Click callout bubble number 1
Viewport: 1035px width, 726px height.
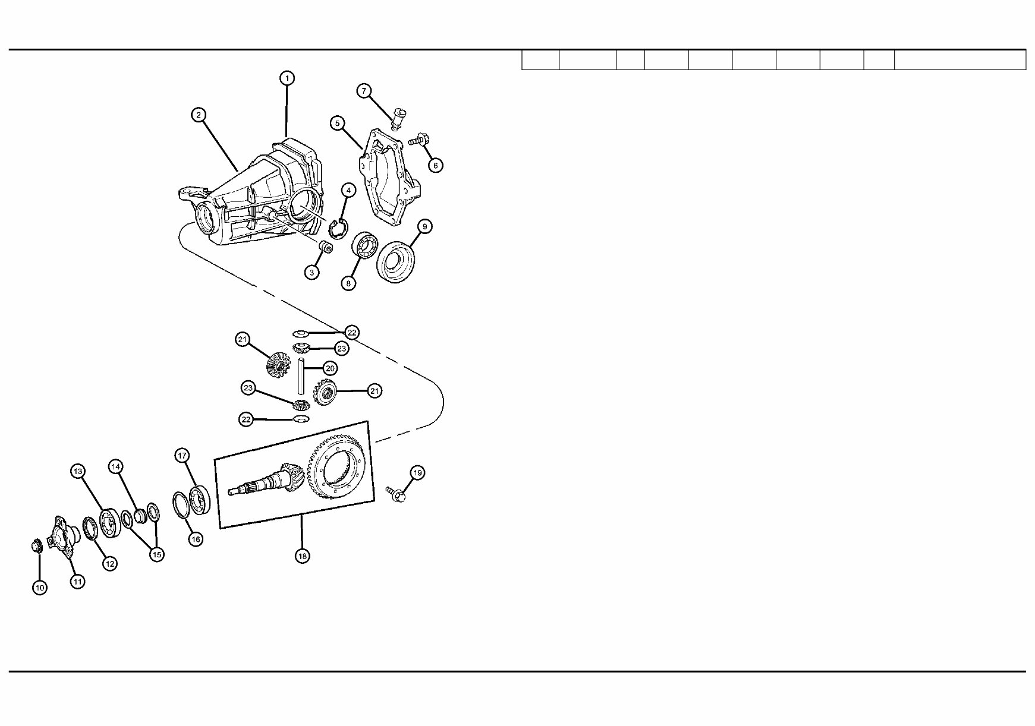click(x=287, y=78)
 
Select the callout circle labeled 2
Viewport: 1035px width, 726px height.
click(x=199, y=115)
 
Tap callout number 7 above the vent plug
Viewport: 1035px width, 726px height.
click(x=364, y=91)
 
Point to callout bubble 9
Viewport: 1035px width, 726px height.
click(x=424, y=226)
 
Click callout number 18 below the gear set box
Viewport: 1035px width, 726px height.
click(x=303, y=556)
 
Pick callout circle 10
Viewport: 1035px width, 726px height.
click(x=40, y=588)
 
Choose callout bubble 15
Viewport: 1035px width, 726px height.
click(x=156, y=554)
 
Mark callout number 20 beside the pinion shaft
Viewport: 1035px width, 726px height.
click(x=331, y=368)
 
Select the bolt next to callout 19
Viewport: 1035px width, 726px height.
click(x=397, y=494)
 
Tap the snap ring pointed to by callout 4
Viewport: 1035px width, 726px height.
click(x=337, y=229)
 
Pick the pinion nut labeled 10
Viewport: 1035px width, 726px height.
click(x=36, y=545)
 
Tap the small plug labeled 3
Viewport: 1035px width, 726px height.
click(x=325, y=248)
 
